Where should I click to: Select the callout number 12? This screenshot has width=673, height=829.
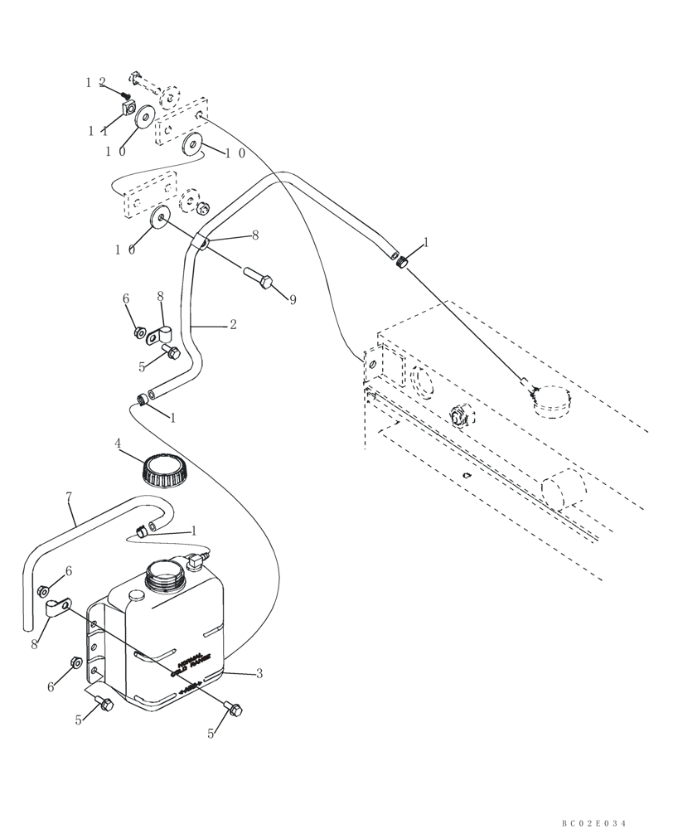95,82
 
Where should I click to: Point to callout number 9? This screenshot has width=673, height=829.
293,300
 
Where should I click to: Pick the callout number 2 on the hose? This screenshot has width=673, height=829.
233,325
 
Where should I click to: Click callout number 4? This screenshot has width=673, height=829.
119,444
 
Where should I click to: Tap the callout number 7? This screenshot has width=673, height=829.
70,497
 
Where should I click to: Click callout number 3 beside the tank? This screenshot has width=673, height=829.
259,674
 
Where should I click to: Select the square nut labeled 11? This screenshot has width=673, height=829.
127,108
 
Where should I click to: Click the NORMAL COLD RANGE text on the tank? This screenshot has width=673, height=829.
192,664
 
